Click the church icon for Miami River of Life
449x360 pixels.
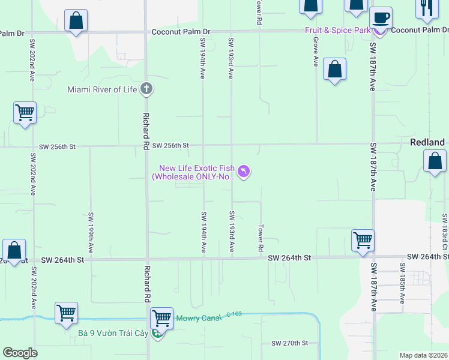click(146, 90)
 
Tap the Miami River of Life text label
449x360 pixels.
click(102, 90)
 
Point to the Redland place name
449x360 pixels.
click(427, 142)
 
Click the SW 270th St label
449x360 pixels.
click(289, 343)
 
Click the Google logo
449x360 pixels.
click(20, 353)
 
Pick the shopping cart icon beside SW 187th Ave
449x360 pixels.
click(363, 240)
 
